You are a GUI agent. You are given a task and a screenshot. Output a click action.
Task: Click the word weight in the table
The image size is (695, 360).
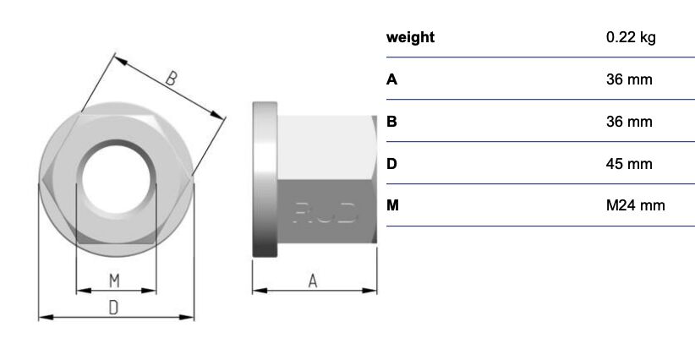[x=410, y=38]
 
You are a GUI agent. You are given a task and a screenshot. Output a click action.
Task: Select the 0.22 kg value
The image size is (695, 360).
[x=631, y=37]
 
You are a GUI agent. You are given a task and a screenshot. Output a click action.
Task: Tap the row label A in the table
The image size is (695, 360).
[x=391, y=79]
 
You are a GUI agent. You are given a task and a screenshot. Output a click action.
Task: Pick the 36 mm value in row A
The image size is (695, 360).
[x=629, y=79]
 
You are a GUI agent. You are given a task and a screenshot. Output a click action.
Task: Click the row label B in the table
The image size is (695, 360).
[x=391, y=122]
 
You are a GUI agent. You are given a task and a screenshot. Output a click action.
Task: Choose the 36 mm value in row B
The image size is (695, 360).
[x=629, y=122]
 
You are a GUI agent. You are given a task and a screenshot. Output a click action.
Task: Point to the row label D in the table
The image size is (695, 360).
[x=391, y=164]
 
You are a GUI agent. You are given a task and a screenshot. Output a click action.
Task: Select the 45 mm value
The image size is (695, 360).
[x=629, y=164]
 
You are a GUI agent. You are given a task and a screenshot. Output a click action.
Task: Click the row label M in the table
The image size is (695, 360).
[x=392, y=205]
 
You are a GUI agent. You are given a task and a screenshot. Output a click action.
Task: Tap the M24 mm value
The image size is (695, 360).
[x=635, y=205]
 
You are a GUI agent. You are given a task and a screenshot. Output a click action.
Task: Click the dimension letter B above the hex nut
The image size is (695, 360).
[x=171, y=79]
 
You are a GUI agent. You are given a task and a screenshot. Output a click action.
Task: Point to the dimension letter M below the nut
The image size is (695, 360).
[x=114, y=281]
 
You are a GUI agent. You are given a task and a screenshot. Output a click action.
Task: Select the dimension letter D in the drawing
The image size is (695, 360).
[x=114, y=308]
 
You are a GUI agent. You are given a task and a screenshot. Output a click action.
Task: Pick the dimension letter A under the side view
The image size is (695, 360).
[x=313, y=281]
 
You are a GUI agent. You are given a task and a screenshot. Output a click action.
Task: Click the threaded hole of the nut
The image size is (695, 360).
[x=116, y=179]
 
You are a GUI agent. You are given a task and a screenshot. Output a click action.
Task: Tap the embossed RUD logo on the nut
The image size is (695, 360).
[x=325, y=213]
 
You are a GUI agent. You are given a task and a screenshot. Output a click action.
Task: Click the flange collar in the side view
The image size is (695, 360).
[x=265, y=179]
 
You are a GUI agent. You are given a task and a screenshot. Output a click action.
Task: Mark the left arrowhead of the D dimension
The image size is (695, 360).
[x=46, y=317]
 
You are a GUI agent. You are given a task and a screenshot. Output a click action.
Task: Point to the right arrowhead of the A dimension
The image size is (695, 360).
[x=369, y=291]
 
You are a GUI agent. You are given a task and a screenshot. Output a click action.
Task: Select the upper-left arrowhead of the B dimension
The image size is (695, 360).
[x=121, y=60]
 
